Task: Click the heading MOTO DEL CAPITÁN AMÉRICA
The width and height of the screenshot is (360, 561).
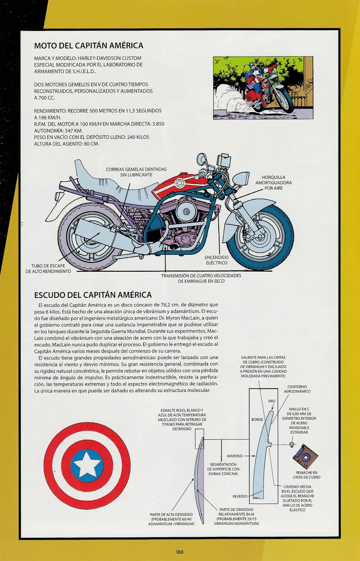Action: pyautogui.click(x=88, y=46)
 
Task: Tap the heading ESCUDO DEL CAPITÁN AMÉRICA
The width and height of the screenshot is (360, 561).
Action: pyautogui.click(x=93, y=295)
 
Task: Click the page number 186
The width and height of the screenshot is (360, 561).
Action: pyautogui.click(x=180, y=552)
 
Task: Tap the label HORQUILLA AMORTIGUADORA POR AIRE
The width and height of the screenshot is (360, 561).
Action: pyautogui.click(x=273, y=183)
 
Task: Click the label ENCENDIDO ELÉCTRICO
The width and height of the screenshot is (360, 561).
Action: pyautogui.click(x=216, y=260)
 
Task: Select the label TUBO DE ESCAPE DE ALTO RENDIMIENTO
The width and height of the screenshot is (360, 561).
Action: pyautogui.click(x=48, y=269)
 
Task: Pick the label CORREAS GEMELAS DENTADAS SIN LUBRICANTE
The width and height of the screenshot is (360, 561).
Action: pyautogui.click(x=136, y=172)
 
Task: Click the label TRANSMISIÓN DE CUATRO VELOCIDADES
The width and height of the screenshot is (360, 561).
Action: pyautogui.click(x=201, y=276)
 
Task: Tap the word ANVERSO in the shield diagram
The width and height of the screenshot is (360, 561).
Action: pyautogui.click(x=234, y=456)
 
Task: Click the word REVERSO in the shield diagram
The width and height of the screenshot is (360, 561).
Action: pyautogui.click(x=240, y=496)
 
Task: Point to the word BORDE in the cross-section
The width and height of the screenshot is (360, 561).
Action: pyautogui.click(x=257, y=419)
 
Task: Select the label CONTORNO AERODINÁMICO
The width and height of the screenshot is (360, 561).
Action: pyautogui.click(x=297, y=389)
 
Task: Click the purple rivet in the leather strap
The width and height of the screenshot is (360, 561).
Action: pyautogui.click(x=305, y=457)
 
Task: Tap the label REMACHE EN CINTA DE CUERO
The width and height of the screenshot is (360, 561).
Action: pyautogui.click(x=306, y=475)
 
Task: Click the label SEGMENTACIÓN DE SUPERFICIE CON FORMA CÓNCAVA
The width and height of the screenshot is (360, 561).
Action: pyautogui.click(x=223, y=469)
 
